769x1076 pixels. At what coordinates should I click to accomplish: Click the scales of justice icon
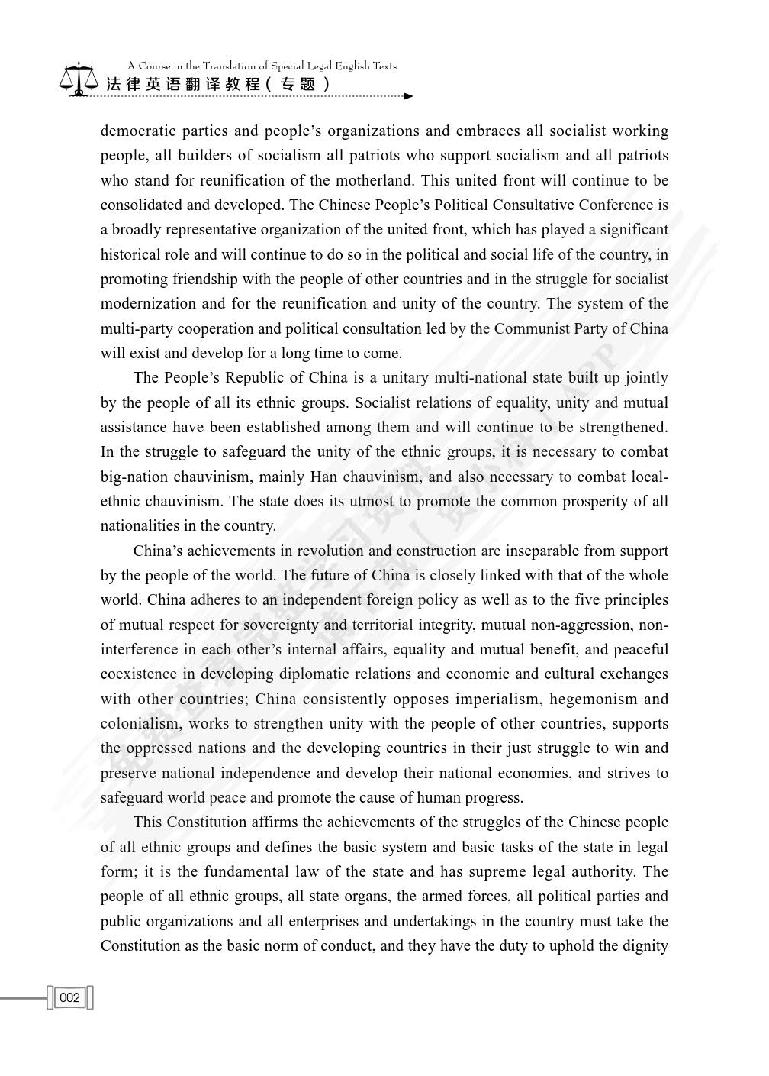[79, 79]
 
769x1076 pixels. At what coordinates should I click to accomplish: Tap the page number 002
[69, 997]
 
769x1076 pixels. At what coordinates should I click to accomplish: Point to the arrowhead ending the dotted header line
[409, 96]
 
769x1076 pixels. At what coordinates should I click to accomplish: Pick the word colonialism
[141, 723]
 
